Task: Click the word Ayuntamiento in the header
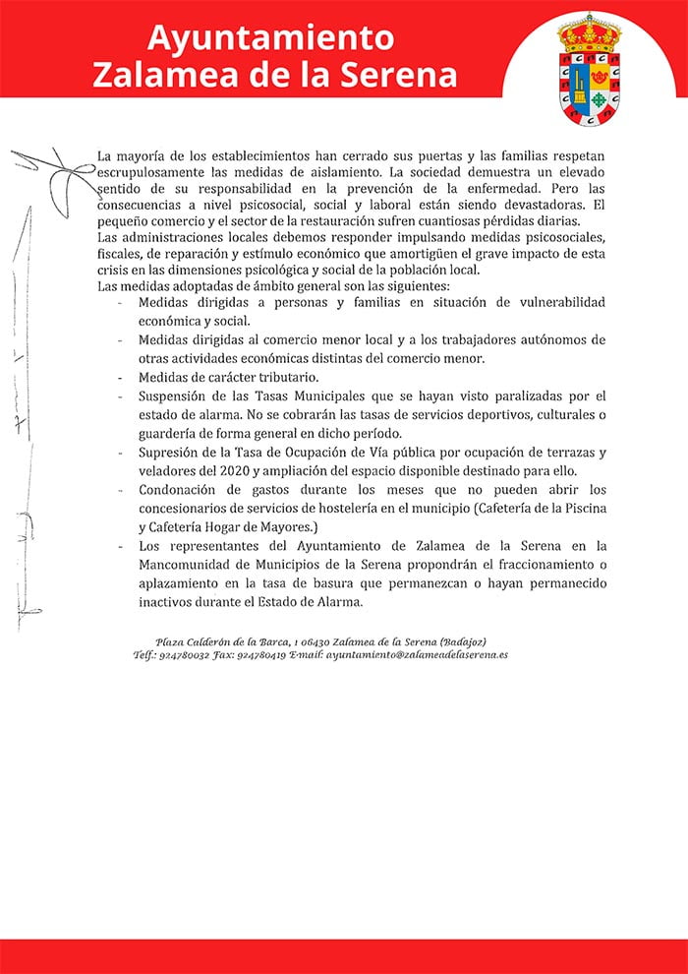[270, 38]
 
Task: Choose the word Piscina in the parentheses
[580, 508]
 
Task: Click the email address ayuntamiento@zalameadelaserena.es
[417, 654]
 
